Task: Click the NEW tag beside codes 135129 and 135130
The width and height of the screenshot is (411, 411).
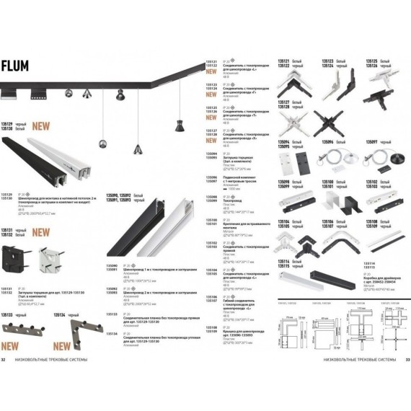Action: coord(41,125)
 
